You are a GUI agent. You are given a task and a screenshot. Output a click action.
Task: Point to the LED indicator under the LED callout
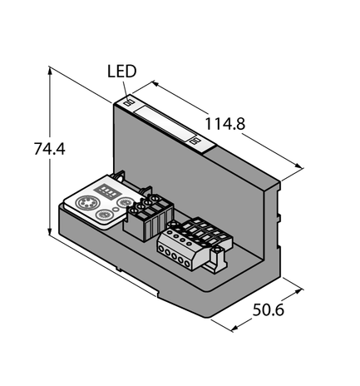(x=128, y=103)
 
